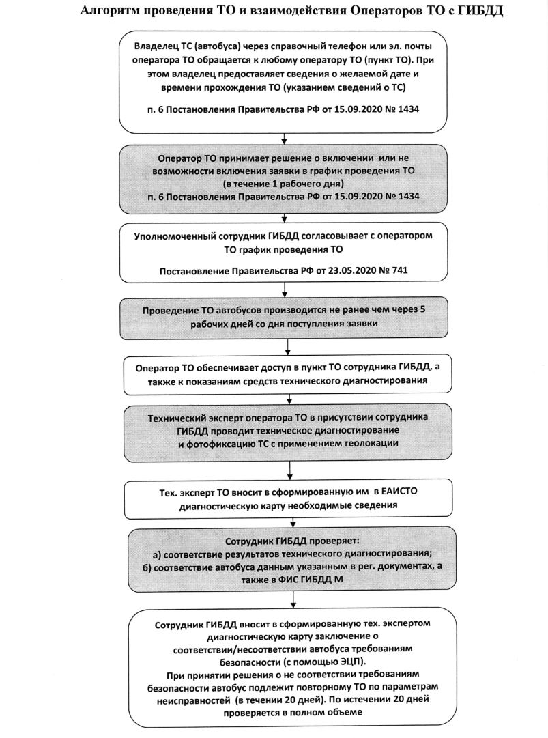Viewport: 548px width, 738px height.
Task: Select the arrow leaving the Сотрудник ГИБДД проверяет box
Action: (x=294, y=599)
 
